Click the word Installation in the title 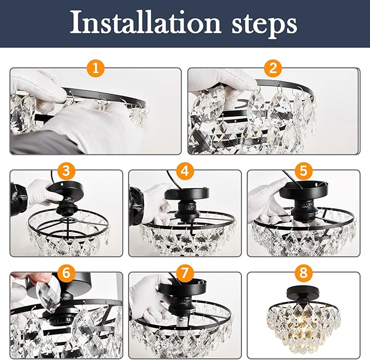pos(145,22)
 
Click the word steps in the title pos(264,25)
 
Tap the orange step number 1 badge pos(95,68)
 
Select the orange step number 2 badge pos(273,68)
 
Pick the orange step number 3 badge pos(66,171)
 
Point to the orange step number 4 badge pos(185,171)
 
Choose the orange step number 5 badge pos(304,171)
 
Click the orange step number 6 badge pos(66,273)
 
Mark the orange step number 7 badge pos(185,273)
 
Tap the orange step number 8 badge pos(304,273)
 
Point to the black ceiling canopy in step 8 pos(299,293)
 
